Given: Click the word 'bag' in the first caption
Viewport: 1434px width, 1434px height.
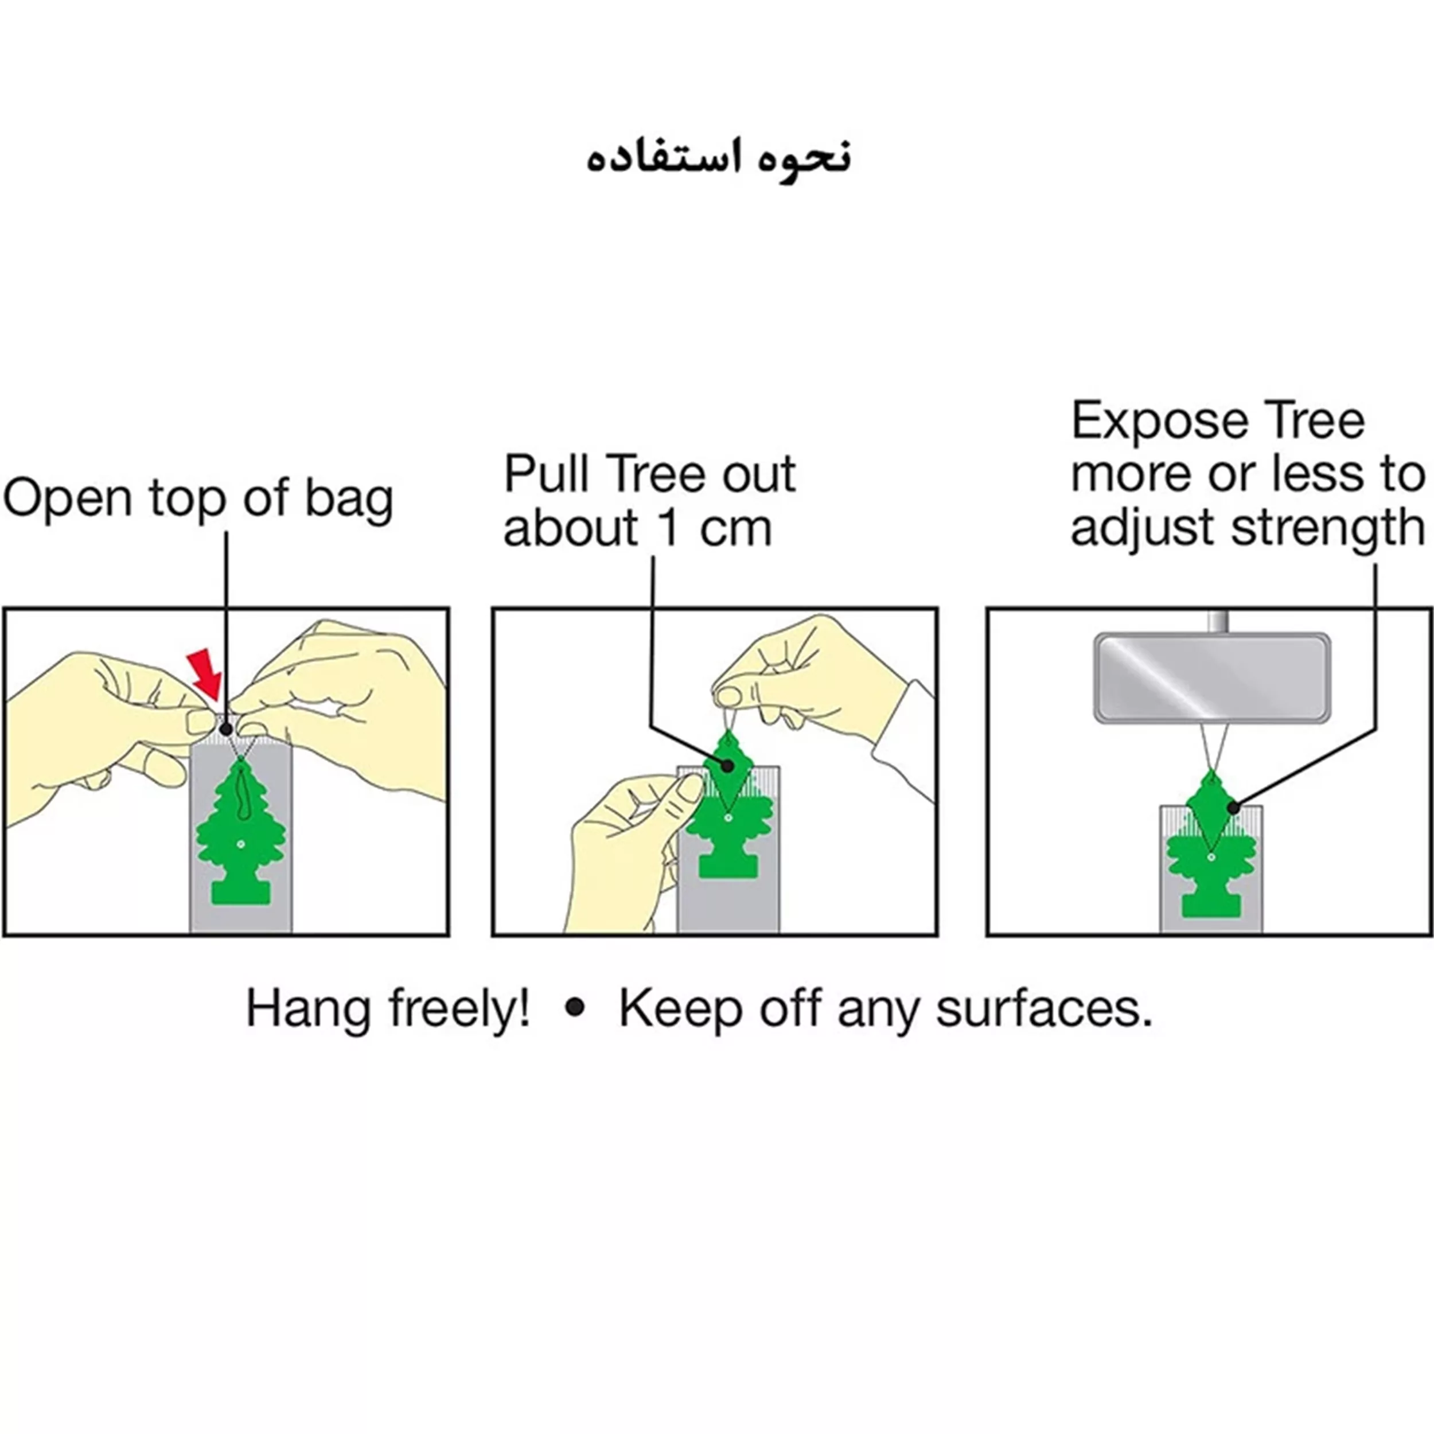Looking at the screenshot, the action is [x=349, y=499].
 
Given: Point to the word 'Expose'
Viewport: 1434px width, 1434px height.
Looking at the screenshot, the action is [x=1164, y=422].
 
